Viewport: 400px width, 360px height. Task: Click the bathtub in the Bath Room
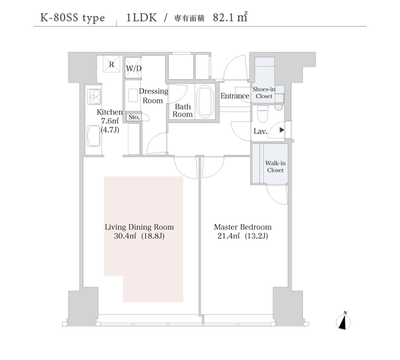(x=206, y=102)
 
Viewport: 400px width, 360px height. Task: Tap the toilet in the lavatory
(x=263, y=114)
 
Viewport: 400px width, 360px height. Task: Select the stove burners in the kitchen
(x=94, y=97)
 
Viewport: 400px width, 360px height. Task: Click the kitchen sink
(x=93, y=135)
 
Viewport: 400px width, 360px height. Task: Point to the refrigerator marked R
(x=111, y=64)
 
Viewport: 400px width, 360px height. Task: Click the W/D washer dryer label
(x=134, y=69)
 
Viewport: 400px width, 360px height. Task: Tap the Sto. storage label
(x=134, y=117)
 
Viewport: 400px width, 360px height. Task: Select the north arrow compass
(x=343, y=321)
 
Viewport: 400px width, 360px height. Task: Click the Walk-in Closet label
(x=275, y=167)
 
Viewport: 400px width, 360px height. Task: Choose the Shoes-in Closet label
(x=264, y=93)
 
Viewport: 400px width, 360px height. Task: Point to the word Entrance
(x=235, y=96)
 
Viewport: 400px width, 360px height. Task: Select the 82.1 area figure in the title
(x=223, y=17)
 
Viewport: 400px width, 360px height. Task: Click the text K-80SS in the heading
(x=60, y=17)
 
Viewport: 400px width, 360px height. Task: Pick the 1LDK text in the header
(x=141, y=17)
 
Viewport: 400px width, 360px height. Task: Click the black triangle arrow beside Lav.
(x=281, y=130)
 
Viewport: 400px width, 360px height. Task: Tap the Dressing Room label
(x=153, y=96)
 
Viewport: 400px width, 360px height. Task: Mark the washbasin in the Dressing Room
(x=133, y=95)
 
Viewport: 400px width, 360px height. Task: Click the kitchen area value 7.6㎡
(x=110, y=121)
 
